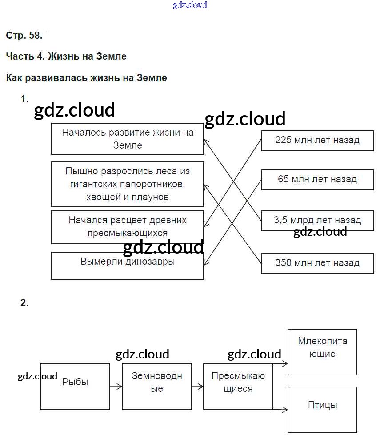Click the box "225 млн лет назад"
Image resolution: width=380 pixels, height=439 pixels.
point(317,141)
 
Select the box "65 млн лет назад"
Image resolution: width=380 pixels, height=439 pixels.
point(317,180)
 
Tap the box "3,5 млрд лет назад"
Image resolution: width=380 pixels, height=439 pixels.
point(317,220)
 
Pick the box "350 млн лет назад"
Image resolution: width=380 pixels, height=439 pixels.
point(317,263)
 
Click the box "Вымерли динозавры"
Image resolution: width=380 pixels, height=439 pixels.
point(128,266)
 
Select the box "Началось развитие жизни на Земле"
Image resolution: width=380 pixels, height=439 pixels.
point(128,139)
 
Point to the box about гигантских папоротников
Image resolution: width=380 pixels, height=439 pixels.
point(128,184)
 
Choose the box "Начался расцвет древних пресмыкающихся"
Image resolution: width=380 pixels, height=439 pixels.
point(128,227)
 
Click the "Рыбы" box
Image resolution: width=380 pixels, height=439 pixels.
point(75,386)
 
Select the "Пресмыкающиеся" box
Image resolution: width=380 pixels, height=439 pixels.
point(238,386)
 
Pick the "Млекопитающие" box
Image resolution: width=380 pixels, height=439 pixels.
point(322,352)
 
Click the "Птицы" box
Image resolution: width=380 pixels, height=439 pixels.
point(322,409)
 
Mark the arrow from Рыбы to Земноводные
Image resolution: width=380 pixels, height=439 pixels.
point(116,387)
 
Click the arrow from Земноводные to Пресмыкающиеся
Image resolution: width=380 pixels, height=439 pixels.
point(197,387)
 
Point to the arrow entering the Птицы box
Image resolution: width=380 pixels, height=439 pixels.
point(280,409)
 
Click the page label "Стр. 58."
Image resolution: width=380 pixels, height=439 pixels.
point(24,36)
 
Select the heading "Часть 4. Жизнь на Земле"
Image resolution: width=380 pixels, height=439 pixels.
point(66,56)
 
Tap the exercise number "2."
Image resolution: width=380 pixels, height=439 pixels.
point(24,303)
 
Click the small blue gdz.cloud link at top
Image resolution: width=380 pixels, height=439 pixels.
point(190,5)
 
